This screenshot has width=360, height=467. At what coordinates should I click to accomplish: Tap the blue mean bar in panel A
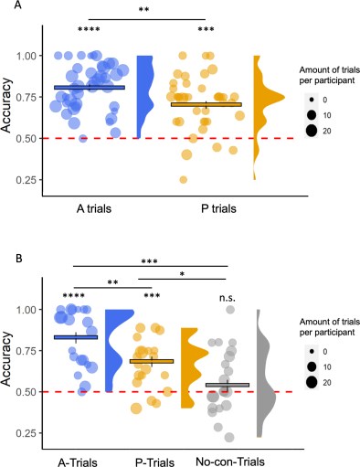[x=89, y=88]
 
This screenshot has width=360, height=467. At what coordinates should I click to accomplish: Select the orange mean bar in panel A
[x=206, y=104]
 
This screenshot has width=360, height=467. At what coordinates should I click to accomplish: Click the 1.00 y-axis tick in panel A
[x=33, y=55]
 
